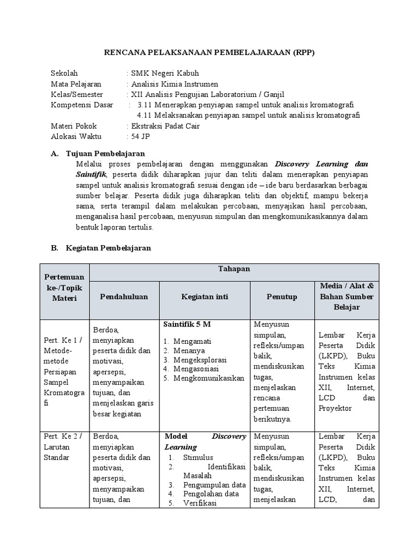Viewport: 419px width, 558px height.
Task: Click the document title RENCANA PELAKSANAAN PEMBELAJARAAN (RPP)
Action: [x=209, y=52]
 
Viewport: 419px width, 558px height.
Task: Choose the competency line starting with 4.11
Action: [x=249, y=115]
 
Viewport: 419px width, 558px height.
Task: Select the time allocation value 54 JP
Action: [x=139, y=136]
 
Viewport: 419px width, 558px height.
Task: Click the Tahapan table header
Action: [x=234, y=269]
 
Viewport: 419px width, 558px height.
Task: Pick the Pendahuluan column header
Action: [x=124, y=296]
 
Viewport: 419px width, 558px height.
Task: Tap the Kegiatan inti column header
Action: [x=205, y=296]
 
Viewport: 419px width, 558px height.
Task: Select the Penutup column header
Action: [x=282, y=296]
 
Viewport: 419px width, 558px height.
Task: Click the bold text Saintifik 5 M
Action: [x=187, y=324]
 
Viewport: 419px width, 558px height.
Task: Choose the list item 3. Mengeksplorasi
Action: [x=195, y=360]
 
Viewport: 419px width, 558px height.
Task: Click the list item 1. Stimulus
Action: [x=191, y=457]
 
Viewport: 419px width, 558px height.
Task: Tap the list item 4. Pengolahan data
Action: [x=203, y=494]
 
